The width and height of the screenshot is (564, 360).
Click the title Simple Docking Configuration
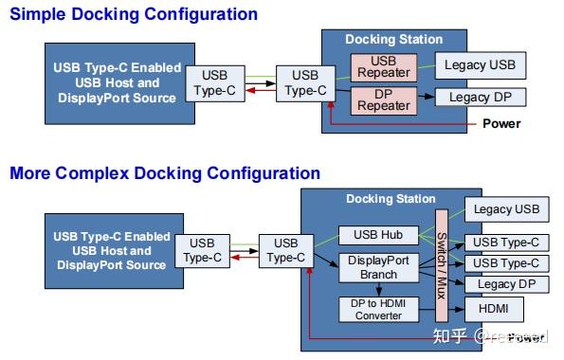tap(134, 14)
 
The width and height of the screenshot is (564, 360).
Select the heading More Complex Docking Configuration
tap(165, 173)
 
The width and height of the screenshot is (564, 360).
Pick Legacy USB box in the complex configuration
tap(506, 209)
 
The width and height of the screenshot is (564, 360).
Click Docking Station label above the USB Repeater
tap(393, 40)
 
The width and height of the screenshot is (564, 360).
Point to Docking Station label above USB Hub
tap(391, 199)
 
